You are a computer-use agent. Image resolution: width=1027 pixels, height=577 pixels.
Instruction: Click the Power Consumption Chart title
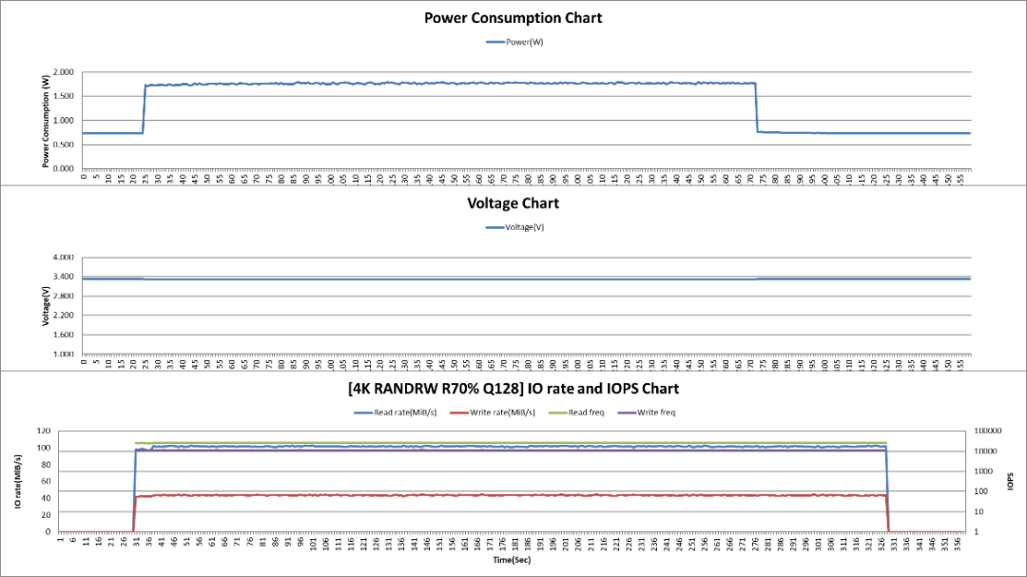513,18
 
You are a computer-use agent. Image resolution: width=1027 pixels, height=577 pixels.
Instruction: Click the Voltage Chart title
513,203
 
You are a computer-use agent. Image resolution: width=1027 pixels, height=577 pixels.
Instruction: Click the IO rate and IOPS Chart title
513,389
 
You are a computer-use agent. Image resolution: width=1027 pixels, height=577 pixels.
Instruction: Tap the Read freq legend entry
583,413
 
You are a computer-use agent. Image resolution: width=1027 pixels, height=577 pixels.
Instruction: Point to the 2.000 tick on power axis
64,72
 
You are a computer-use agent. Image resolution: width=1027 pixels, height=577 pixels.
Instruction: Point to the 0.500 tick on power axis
64,144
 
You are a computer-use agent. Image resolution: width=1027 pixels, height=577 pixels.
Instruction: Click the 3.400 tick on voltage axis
64,277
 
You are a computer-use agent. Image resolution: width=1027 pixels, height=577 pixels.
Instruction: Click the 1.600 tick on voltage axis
64,335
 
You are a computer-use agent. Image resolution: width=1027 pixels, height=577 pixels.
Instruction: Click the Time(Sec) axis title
513,561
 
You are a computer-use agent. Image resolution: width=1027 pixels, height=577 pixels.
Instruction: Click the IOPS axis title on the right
1013,481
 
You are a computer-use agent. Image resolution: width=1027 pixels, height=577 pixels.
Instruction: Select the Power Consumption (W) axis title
46,121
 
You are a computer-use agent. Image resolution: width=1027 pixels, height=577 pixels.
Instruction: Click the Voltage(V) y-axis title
46,306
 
